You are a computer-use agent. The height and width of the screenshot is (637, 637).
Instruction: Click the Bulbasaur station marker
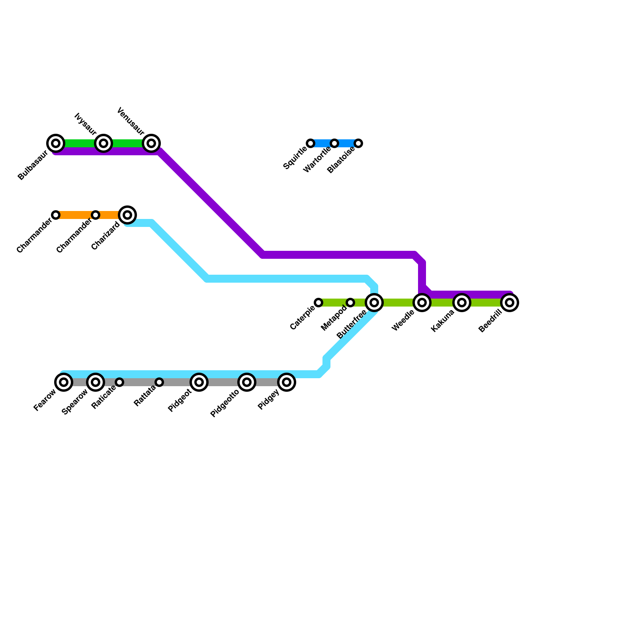(x=56, y=143)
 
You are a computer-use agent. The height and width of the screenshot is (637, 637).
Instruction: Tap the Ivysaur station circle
(x=104, y=143)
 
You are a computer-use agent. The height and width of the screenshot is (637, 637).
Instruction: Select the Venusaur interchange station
(x=151, y=143)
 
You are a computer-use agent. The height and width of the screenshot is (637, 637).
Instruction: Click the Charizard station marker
(x=127, y=215)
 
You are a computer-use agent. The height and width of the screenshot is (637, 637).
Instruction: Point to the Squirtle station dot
(x=311, y=143)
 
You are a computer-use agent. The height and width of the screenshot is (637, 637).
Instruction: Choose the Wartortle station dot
(x=334, y=143)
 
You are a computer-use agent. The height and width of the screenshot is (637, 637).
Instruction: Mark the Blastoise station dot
(x=358, y=143)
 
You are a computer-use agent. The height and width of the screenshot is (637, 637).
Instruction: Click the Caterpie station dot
(x=318, y=303)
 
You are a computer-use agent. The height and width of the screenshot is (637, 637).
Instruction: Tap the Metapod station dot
(x=350, y=303)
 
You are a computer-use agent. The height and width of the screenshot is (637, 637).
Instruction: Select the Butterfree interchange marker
(x=374, y=303)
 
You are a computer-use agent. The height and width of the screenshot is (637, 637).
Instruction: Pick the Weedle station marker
(x=422, y=303)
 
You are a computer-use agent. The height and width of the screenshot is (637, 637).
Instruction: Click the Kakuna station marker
(x=462, y=303)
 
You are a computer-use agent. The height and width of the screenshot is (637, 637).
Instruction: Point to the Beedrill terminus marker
(x=510, y=303)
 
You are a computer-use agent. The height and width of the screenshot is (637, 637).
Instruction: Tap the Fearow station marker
(x=64, y=382)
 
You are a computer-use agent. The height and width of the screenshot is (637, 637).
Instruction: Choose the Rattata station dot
(x=159, y=382)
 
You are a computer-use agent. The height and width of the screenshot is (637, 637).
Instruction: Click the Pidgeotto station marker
(x=247, y=382)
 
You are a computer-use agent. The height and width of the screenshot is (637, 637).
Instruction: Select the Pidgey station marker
(x=287, y=382)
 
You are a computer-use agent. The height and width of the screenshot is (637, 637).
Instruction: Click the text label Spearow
(x=75, y=402)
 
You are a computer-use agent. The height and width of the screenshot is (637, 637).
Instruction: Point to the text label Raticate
(x=104, y=397)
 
